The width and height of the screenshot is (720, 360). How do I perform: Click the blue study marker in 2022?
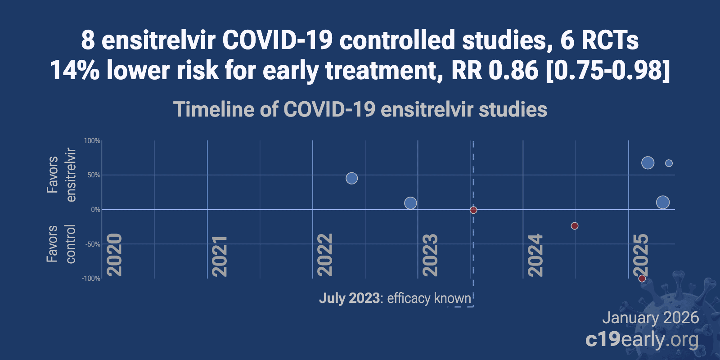pyautogui.click(x=351, y=178)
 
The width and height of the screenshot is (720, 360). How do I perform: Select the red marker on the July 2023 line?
pyautogui.click(x=473, y=210)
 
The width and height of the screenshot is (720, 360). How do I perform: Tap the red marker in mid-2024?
pyautogui.click(x=575, y=226)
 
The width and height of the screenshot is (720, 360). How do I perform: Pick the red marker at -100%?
pyautogui.click(x=642, y=279)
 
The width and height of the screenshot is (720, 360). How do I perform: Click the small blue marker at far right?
pyautogui.click(x=669, y=163)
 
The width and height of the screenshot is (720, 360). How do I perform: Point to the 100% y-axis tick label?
pyautogui.click(x=92, y=141)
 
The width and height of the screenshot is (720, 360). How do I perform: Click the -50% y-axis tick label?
pyautogui.click(x=93, y=244)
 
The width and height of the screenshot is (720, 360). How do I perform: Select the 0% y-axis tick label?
pyautogui.click(x=95, y=210)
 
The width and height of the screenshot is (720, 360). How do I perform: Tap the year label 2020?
pyautogui.click(x=115, y=255)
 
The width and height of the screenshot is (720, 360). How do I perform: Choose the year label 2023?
pyautogui.click(x=431, y=255)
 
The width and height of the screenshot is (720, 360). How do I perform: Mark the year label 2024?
pyautogui.click(x=535, y=255)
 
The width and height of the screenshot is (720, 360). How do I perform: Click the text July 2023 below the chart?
pyautogui.click(x=349, y=298)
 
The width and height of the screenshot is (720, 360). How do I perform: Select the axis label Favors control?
pyautogui.click(x=61, y=244)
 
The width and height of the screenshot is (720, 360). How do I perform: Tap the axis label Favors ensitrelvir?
pyautogui.click(x=61, y=175)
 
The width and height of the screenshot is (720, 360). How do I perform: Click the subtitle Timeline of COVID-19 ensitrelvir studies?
pyautogui.click(x=360, y=109)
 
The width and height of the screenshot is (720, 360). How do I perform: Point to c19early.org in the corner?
pyautogui.click(x=642, y=340)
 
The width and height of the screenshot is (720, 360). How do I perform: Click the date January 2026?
pyautogui.click(x=650, y=318)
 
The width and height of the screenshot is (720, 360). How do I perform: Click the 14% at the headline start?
pyautogui.click(x=74, y=71)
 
